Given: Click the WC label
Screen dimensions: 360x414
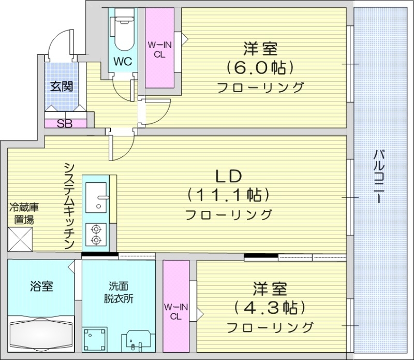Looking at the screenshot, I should click(x=123, y=62).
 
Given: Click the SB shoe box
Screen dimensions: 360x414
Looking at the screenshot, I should click(x=65, y=123).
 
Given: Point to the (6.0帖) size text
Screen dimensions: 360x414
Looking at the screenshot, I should click(x=260, y=68).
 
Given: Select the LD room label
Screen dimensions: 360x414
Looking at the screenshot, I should click(x=228, y=176).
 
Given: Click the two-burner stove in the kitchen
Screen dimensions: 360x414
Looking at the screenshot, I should click(x=96, y=234).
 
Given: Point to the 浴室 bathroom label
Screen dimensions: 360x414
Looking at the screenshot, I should click(x=41, y=285).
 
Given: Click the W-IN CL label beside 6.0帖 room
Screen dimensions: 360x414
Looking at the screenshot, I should click(x=159, y=50).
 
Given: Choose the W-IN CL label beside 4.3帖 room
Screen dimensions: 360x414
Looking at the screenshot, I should click(x=175, y=312).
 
